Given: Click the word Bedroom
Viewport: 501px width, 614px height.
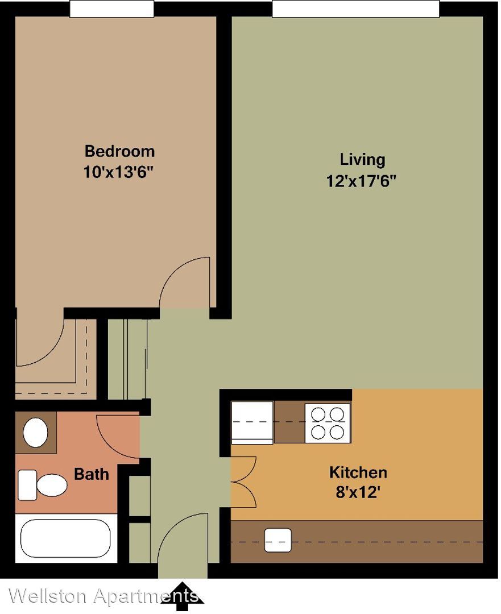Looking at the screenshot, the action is pyautogui.click(x=119, y=151).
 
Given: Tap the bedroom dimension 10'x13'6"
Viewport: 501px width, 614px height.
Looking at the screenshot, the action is pyautogui.click(x=118, y=172).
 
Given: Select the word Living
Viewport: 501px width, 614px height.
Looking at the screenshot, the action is pyautogui.click(x=362, y=160).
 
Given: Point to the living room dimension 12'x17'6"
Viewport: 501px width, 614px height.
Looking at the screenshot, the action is pyautogui.click(x=361, y=181).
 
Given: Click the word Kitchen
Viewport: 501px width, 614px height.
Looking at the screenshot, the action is pyautogui.click(x=358, y=472).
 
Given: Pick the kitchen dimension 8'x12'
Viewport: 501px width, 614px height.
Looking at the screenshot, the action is pyautogui.click(x=358, y=492).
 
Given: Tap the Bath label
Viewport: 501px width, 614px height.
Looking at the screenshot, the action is pyautogui.click(x=91, y=474).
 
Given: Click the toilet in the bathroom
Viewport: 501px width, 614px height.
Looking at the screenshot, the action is pyautogui.click(x=42, y=485).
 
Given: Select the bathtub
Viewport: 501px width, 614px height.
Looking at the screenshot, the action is pyautogui.click(x=65, y=538).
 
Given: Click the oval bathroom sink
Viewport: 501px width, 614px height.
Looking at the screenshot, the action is pyautogui.click(x=36, y=432).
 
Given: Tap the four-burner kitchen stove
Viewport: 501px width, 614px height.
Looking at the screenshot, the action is pyautogui.click(x=328, y=422).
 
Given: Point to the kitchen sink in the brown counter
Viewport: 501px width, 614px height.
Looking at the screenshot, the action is pyautogui.click(x=278, y=541).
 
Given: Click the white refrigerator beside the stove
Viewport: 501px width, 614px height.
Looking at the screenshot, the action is pyautogui.click(x=252, y=422).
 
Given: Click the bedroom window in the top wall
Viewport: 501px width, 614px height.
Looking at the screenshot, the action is pyautogui.click(x=111, y=9).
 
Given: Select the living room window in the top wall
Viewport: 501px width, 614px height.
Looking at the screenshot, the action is pyautogui.click(x=355, y=9).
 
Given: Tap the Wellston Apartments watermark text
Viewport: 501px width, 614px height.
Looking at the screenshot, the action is pyautogui.click(x=103, y=596).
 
